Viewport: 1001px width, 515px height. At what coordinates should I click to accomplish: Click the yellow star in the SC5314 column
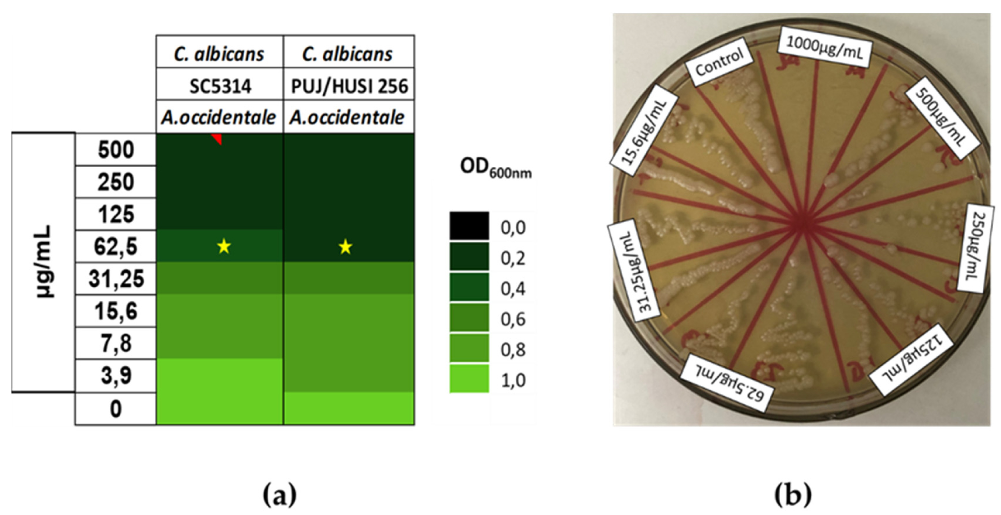pyautogui.click(x=224, y=246)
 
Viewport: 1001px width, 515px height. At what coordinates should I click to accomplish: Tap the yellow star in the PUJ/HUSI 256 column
pyautogui.click(x=345, y=247)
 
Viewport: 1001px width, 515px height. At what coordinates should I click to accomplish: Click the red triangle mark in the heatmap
pyautogui.click(x=218, y=138)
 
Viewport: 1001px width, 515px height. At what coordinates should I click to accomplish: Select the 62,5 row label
pyautogui.click(x=115, y=246)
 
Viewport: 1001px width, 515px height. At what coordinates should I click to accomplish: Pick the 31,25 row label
pyautogui.click(x=115, y=279)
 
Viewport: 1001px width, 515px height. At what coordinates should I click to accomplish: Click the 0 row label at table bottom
pyautogui.click(x=115, y=409)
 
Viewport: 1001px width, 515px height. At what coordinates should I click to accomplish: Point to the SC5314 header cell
pyautogui.click(x=220, y=86)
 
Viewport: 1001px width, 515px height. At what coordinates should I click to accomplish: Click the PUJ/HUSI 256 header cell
pyautogui.click(x=349, y=86)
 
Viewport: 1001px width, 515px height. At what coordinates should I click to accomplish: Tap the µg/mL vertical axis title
pyautogui.click(x=43, y=261)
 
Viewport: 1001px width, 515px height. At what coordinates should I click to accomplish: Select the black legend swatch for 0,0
pyautogui.click(x=469, y=226)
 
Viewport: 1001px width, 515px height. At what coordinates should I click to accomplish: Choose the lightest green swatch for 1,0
pyautogui.click(x=469, y=378)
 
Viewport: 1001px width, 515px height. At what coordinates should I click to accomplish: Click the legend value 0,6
pyautogui.click(x=513, y=319)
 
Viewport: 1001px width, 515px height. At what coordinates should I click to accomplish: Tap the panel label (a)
pyautogui.click(x=279, y=495)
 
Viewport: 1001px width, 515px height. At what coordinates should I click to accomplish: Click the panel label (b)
pyautogui.click(x=793, y=495)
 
